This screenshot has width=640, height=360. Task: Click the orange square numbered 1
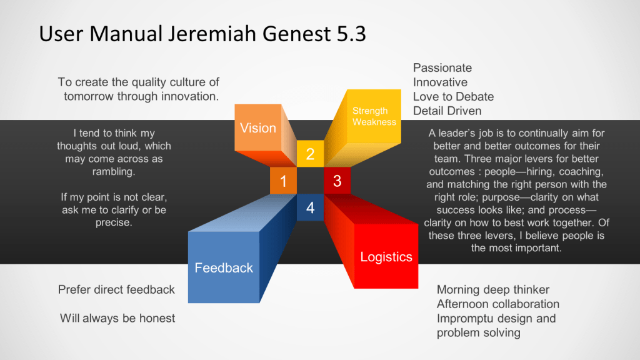283,181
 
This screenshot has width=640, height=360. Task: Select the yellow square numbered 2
310,154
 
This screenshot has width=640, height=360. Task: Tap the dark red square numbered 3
337,181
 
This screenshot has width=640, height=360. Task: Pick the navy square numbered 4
310,207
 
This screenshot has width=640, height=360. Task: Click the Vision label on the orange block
258,128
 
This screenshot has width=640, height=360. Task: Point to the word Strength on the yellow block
370,111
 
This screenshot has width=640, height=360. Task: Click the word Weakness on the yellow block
374,122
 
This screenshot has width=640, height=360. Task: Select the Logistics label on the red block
386,257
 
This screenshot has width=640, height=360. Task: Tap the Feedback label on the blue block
224,267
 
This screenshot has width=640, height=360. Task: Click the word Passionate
442,67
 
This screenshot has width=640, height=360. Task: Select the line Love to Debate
454,97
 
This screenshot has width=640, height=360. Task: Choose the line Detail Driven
447,111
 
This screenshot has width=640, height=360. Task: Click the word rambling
114,172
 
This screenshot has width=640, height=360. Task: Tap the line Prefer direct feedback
116,290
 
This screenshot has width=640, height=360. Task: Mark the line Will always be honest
117,318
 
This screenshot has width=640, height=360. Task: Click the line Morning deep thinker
493,290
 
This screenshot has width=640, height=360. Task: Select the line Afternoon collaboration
498,304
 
